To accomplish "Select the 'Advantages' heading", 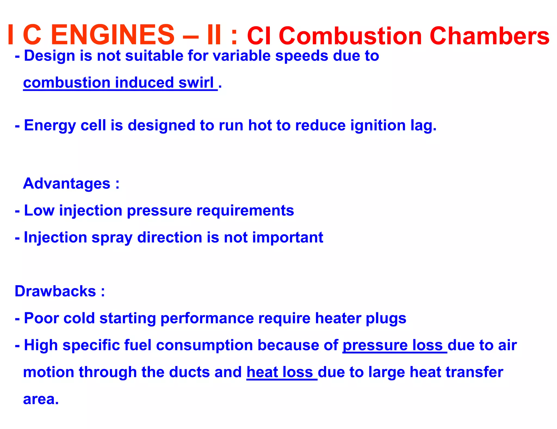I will (67, 183).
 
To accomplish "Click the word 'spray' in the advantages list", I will (112, 237).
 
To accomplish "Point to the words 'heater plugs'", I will (360, 318).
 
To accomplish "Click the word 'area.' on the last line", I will (41, 399).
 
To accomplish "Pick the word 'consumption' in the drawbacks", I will (205, 345).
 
